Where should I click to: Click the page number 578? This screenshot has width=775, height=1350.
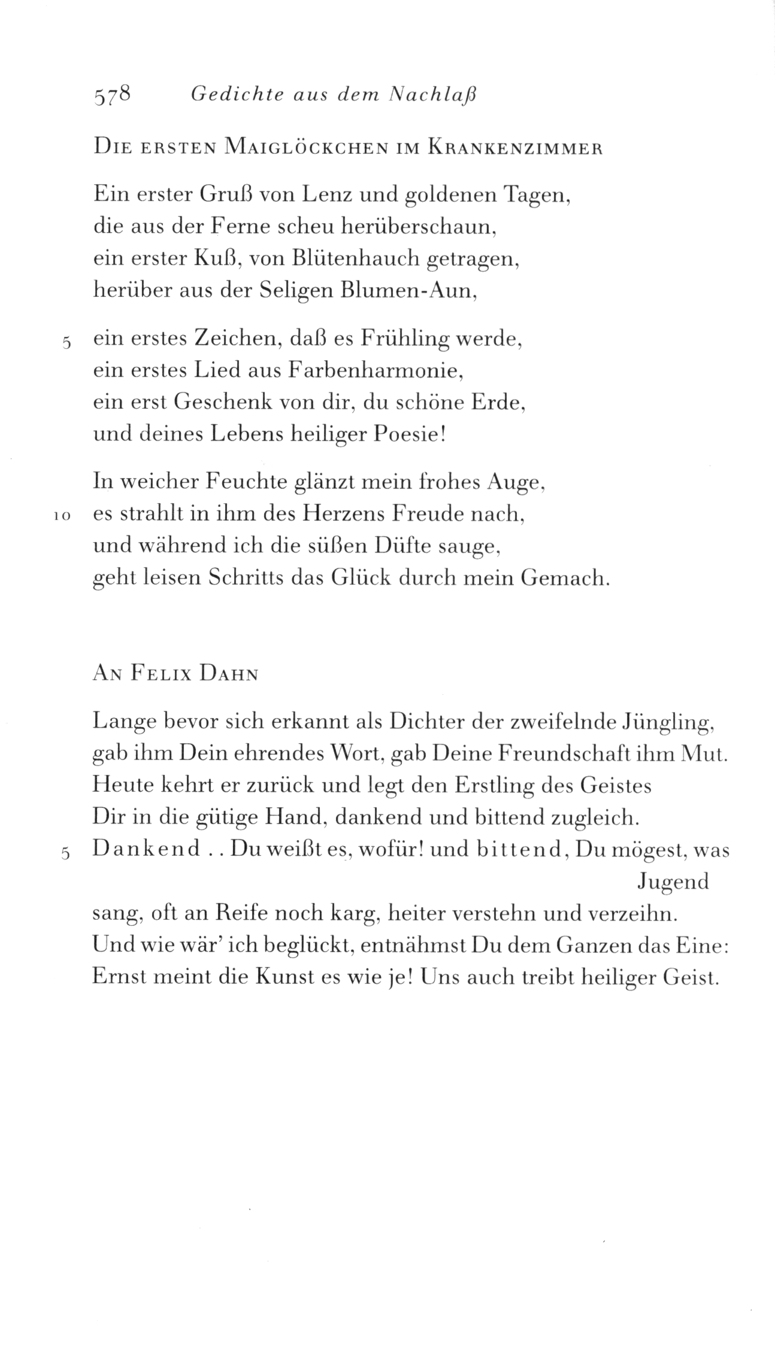[112, 96]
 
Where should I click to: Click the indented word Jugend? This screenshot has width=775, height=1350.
[673, 882]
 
